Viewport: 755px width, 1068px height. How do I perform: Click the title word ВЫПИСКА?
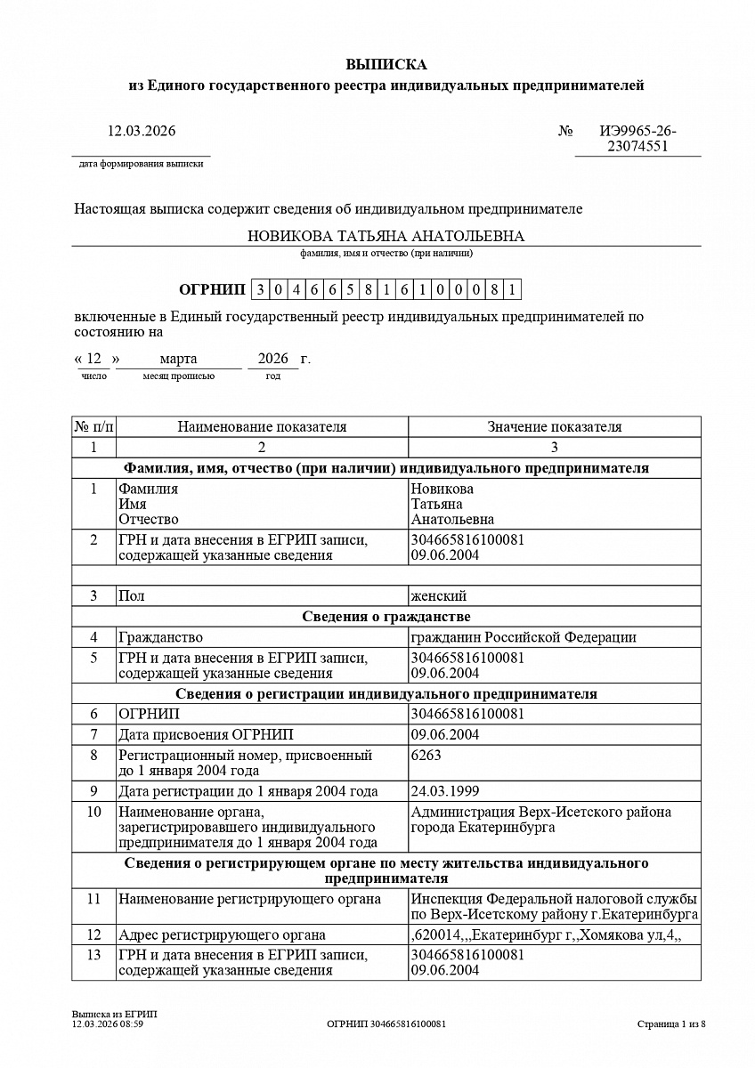[x=386, y=64]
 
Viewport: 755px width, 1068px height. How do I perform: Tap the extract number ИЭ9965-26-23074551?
[x=637, y=139]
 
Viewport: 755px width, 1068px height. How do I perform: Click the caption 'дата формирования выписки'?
[x=141, y=164]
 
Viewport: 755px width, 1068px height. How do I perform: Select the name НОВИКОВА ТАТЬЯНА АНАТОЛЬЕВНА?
[x=386, y=236]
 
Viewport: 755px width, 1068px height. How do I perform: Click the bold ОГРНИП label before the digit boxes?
[x=211, y=289]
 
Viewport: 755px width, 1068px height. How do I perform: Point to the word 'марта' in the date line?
[x=178, y=359]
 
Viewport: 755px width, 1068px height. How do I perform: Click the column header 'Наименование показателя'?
[x=262, y=426]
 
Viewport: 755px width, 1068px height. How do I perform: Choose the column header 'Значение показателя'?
[x=554, y=426]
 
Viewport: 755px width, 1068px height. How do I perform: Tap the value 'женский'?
[x=438, y=595]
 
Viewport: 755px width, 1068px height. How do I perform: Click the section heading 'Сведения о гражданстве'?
[x=386, y=616]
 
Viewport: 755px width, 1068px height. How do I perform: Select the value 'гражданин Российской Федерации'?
[x=524, y=637]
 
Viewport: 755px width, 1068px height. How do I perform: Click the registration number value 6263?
[x=426, y=755]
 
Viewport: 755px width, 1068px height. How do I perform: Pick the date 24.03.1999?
[x=444, y=790]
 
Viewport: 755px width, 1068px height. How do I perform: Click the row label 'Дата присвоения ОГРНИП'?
[x=206, y=734]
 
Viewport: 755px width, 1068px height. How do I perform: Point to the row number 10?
[x=93, y=812]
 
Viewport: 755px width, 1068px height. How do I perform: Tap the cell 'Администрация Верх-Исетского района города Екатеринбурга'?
[x=540, y=820]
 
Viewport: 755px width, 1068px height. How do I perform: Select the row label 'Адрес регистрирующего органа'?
[x=222, y=934]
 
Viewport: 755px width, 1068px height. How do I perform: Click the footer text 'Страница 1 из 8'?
[x=671, y=1023]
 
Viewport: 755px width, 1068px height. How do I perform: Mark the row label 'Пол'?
[x=131, y=595]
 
